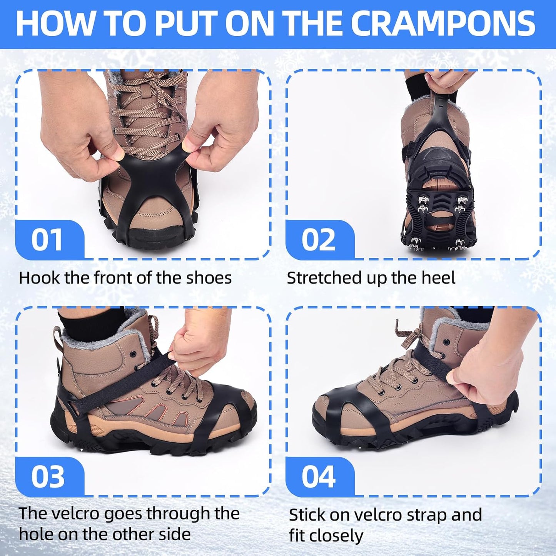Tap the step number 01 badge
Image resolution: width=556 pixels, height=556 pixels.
(x=47, y=239)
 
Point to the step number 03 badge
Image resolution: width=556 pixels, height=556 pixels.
(x=47, y=476)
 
